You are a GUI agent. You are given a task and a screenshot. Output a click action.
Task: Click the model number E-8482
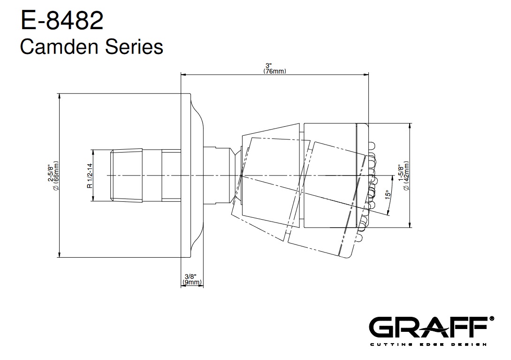coord(62,20)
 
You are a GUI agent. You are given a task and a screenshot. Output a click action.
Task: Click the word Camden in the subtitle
coord(59,46)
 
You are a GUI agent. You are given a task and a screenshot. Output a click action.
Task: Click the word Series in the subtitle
coord(134,46)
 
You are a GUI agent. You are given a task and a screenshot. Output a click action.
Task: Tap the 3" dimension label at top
coord(268,66)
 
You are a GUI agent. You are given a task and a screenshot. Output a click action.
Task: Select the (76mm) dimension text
coord(275,71)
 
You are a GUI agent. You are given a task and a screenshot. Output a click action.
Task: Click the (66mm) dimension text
coord(56,176)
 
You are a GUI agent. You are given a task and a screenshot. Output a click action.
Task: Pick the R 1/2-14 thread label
coord(90,176)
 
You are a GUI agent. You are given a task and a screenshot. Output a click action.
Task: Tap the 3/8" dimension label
coord(191,277)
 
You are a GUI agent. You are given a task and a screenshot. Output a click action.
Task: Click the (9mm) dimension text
coord(192,282)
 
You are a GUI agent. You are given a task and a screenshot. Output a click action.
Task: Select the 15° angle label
coord(388,195)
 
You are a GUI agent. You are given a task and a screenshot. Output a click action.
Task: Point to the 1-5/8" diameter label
coord(401,173)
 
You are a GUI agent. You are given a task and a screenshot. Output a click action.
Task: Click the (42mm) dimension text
coord(406,176)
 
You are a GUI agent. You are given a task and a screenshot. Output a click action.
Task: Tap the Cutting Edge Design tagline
coord(428,345)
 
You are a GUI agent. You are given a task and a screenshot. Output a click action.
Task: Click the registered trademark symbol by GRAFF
coord(492,319)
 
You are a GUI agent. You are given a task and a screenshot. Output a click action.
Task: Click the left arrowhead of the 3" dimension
coord(183,75)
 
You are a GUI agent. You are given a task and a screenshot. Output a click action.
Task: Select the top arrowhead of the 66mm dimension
coord(59,96)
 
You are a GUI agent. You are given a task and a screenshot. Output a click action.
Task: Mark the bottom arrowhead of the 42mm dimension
coord(410,225)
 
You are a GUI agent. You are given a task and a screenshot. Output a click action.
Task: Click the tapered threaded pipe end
coord(126,176)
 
